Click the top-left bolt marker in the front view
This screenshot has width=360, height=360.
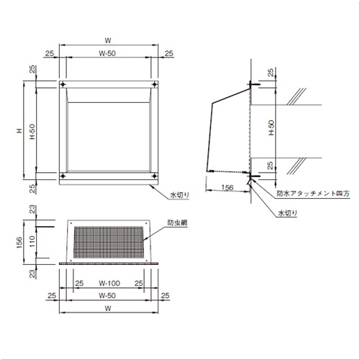(63, 84)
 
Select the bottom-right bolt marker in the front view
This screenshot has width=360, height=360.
(155, 176)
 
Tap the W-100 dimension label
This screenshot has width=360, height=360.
(109, 283)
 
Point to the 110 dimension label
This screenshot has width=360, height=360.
(32, 241)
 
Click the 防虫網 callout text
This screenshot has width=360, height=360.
(177, 222)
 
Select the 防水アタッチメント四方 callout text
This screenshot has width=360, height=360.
(313, 194)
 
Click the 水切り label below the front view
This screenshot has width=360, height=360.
(179, 195)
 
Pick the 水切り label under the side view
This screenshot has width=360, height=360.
(287, 213)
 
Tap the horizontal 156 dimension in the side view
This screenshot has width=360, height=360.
(228, 187)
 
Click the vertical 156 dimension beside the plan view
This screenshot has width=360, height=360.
(19, 242)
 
